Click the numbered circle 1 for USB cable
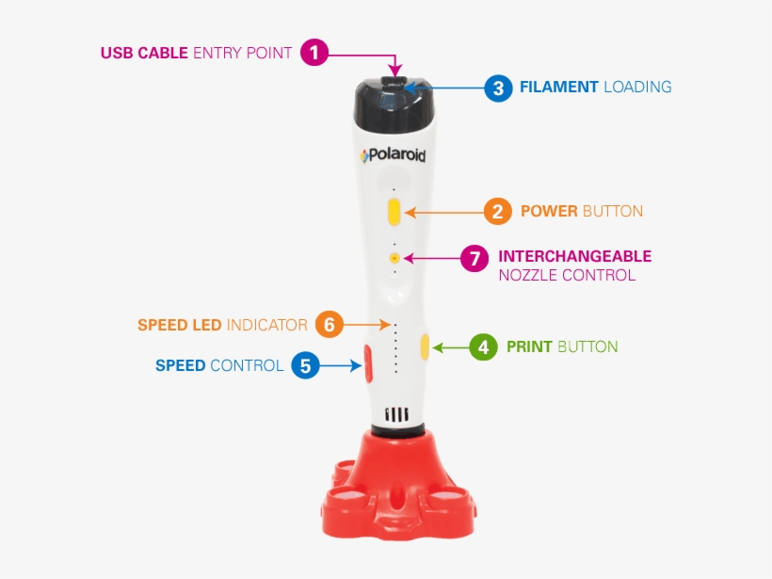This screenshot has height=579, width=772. (314, 53)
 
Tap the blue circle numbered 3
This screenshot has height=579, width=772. (498, 88)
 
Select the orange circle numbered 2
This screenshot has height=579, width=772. (498, 211)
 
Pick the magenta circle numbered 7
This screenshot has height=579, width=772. (475, 257)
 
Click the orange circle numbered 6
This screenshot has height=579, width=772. (329, 325)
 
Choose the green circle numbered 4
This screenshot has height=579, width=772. (484, 347)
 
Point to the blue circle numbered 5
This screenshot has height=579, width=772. (305, 365)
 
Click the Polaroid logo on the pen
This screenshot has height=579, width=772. (393, 155)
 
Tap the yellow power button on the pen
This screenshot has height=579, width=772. (394, 211)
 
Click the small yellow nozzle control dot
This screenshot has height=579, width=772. (394, 256)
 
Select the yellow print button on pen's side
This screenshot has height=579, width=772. (426, 347)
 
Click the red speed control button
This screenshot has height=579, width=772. (366, 363)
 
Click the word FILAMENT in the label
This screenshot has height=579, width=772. (559, 88)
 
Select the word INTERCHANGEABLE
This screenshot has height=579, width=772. (574, 256)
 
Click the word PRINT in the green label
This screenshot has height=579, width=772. (529, 347)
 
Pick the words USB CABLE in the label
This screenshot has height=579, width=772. (144, 54)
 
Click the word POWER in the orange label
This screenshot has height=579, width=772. (549, 211)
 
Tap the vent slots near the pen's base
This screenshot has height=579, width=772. (396, 414)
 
